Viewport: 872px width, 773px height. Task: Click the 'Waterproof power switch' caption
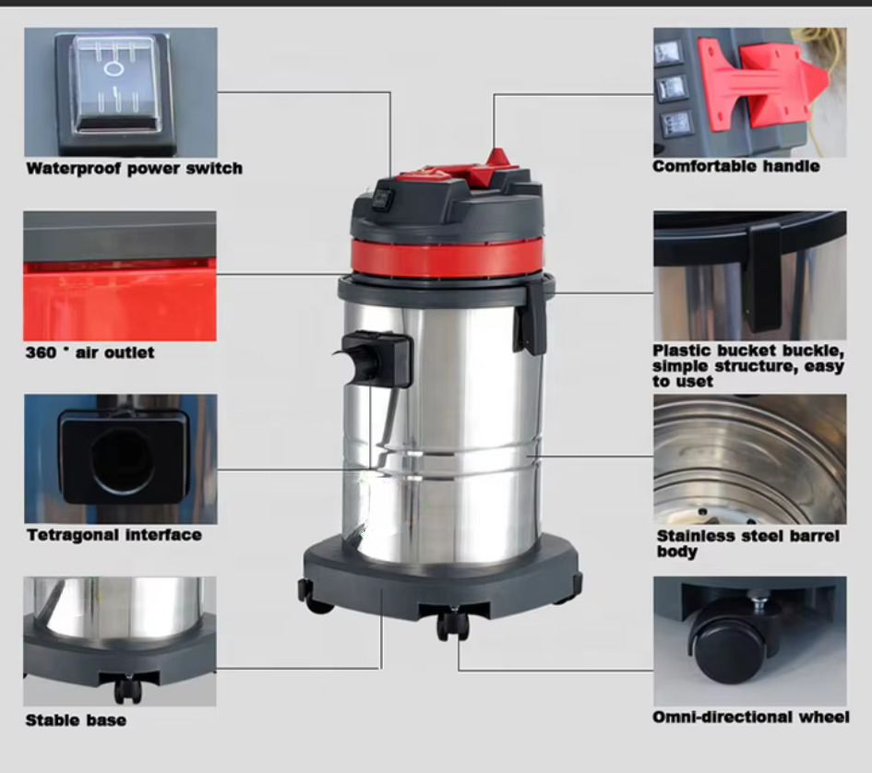134,169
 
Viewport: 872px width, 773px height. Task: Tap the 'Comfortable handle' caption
735,166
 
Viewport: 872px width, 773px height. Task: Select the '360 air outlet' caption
90,352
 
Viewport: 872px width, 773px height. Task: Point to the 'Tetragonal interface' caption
114,535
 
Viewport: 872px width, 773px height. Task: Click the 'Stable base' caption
76,720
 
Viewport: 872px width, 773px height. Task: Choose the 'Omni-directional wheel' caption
751,718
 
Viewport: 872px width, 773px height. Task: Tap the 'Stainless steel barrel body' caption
748,543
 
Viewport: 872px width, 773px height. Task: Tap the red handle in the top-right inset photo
759,83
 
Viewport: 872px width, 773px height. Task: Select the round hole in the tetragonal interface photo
123,461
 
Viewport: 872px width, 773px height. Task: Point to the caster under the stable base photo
128,691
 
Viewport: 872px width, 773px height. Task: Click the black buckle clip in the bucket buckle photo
764,277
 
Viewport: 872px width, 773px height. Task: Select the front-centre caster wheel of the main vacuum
453,624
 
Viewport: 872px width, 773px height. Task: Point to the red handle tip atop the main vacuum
496,157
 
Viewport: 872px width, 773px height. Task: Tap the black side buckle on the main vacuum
532,317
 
